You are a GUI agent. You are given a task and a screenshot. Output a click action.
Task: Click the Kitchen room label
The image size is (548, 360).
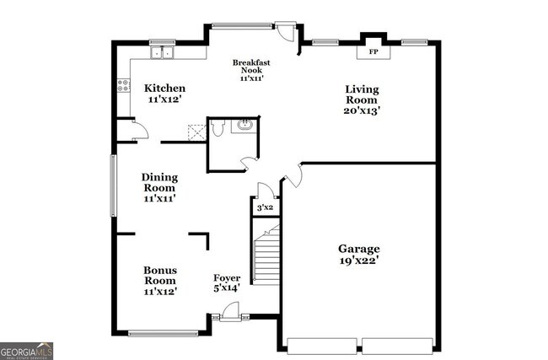(x=164, y=89)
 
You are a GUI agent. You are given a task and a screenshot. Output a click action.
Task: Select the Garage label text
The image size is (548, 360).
(x=359, y=249)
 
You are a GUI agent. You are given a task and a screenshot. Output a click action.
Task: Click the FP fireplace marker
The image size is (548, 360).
(x=373, y=52)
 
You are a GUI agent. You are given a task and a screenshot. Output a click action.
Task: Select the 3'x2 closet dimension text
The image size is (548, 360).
(x=265, y=207)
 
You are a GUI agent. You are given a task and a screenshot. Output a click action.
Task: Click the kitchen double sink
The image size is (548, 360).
(x=162, y=52)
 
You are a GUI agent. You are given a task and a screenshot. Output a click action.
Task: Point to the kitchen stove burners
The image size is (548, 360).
(x=123, y=84)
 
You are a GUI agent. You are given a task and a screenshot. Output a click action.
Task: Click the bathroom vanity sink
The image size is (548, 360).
(x=244, y=126)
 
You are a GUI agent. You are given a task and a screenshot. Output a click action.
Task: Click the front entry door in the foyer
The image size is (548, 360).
(x=229, y=314)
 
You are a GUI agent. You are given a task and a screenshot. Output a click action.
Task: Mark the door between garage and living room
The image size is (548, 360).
(x=293, y=175)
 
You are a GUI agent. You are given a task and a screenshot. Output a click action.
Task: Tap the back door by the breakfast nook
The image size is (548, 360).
(x=287, y=32)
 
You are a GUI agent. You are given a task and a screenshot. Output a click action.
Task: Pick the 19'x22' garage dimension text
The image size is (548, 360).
(x=359, y=261)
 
